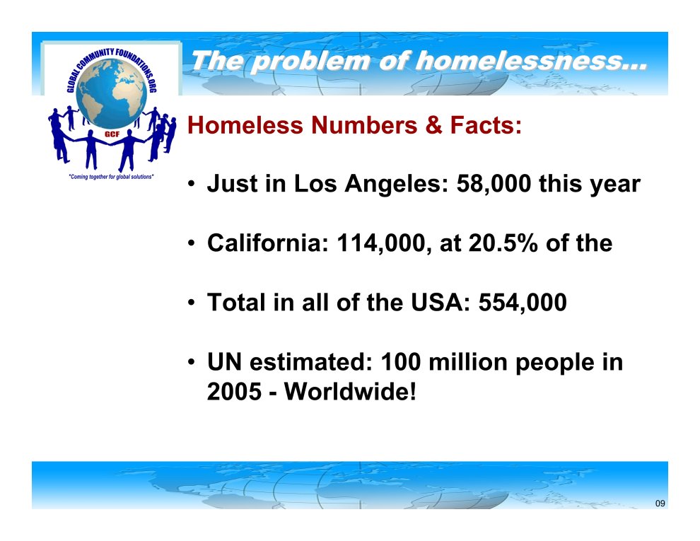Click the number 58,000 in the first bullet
(x=494, y=184)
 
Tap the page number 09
(x=660, y=504)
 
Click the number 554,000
(x=523, y=303)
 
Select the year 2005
(x=234, y=392)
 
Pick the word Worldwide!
(x=351, y=392)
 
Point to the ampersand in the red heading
(x=433, y=125)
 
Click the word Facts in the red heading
(x=486, y=125)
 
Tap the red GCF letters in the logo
(x=112, y=134)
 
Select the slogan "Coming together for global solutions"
(x=111, y=177)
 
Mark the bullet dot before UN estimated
(x=192, y=363)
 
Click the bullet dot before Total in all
(x=192, y=303)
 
